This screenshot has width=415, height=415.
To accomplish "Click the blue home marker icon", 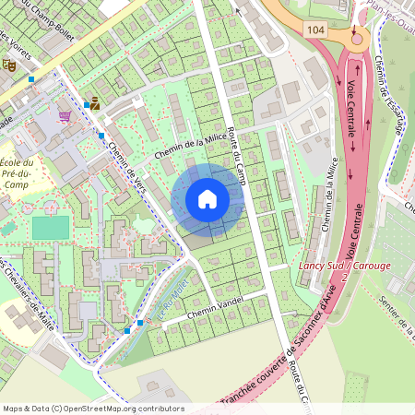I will coord(207,199).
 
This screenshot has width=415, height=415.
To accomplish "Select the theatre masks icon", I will coord(8,65).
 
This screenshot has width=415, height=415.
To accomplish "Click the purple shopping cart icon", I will coord(65,117).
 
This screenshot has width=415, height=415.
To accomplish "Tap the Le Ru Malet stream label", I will coord(173,301).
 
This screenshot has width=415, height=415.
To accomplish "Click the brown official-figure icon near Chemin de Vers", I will coord(95,104).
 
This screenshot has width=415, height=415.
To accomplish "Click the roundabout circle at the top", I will coord(356,37).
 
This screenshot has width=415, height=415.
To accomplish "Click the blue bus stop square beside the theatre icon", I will coord(31,79).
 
